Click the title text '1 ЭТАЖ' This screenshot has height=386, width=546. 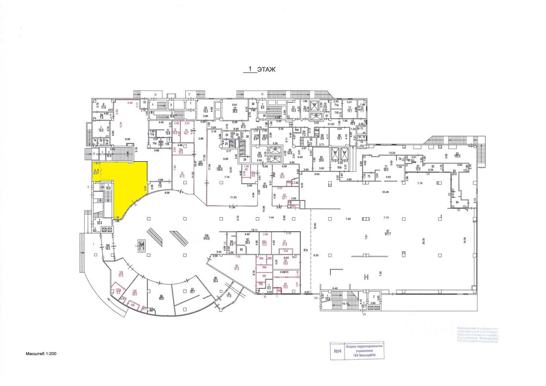[260, 69]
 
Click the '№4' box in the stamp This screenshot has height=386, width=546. [338, 351]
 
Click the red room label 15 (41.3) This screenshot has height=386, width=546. [181, 175]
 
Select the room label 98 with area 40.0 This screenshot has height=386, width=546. [161, 297]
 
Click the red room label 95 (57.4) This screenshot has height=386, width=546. [236, 267]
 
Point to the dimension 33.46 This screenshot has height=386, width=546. [386, 192]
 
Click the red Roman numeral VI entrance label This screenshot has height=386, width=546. [262, 94]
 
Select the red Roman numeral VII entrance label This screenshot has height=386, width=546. [364, 314]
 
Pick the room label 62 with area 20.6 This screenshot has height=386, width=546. [321, 159]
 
